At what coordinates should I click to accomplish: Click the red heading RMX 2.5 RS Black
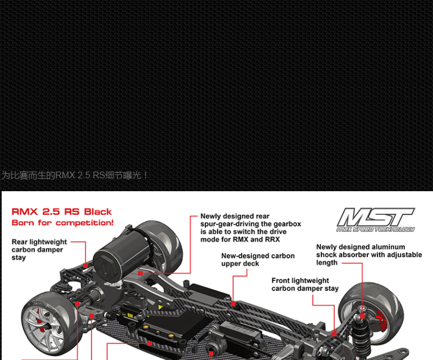pos(62,212)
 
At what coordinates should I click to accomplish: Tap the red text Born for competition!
pos(62,223)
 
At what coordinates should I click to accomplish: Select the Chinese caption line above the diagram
pos(75,176)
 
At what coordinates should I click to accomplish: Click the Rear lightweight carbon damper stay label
pos(39,250)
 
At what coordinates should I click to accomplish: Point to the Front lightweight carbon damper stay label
pos(305,284)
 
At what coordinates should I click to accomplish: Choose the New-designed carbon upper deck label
pos(257,260)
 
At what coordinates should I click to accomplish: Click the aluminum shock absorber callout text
pos(368,255)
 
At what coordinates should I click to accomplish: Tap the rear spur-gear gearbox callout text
pos(250,228)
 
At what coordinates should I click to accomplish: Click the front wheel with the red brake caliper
pos(370,315)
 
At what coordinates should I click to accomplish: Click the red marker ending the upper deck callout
pos(233,303)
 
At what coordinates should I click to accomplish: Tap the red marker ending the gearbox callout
pos(140,273)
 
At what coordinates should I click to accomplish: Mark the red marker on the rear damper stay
pos(85,265)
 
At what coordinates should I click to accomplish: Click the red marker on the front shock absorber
pos(362,308)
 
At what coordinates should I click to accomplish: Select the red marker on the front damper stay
pos(334,333)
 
